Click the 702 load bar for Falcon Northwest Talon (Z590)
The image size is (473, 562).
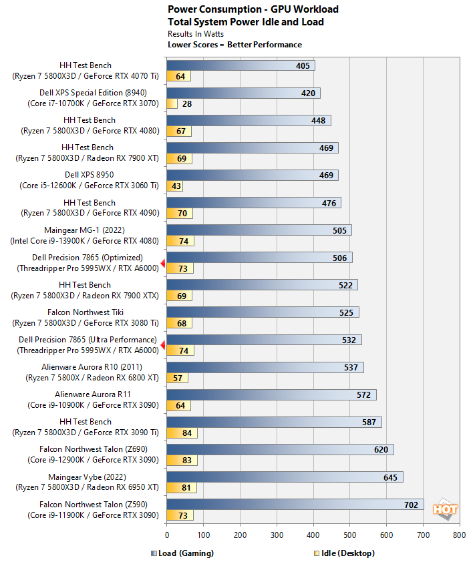click(295, 505)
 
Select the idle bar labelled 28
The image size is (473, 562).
click(172, 103)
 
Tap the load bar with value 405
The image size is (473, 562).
click(241, 65)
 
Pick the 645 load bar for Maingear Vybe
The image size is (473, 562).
click(285, 477)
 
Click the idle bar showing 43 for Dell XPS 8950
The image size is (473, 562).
click(174, 186)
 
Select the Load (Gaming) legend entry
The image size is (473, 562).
click(182, 553)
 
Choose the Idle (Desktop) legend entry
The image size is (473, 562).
click(343, 553)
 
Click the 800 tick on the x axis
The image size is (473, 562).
click(459, 535)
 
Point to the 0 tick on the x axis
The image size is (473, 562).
click(167, 535)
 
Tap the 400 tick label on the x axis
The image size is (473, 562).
click(313, 535)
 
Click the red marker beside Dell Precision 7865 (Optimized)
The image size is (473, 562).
click(163, 263)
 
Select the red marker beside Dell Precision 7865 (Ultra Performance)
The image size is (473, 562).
click(163, 345)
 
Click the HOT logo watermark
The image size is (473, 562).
click(446, 509)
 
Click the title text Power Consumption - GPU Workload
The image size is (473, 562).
click(253, 9)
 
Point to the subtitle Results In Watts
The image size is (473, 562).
click(196, 33)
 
